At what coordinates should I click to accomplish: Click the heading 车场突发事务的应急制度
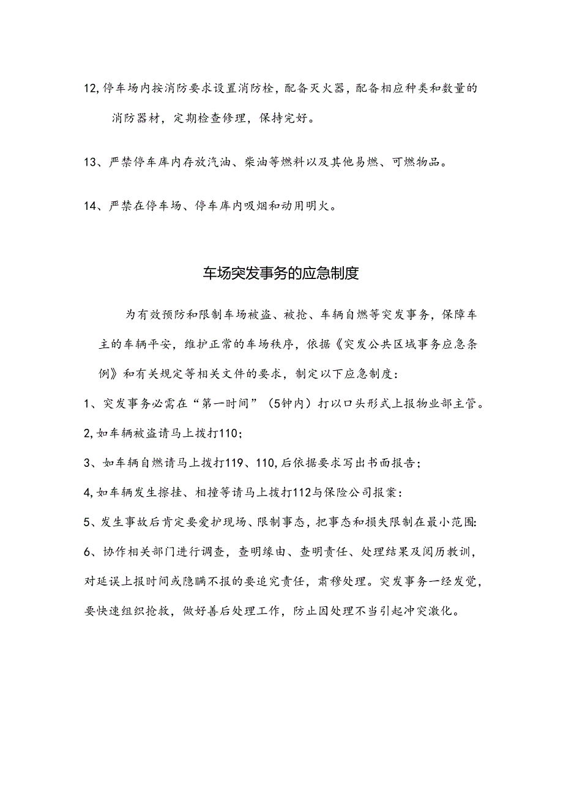pos(281,273)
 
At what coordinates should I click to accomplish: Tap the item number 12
pos(89,89)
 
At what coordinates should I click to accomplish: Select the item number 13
pos(89,162)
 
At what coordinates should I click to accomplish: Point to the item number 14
pos(89,207)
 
